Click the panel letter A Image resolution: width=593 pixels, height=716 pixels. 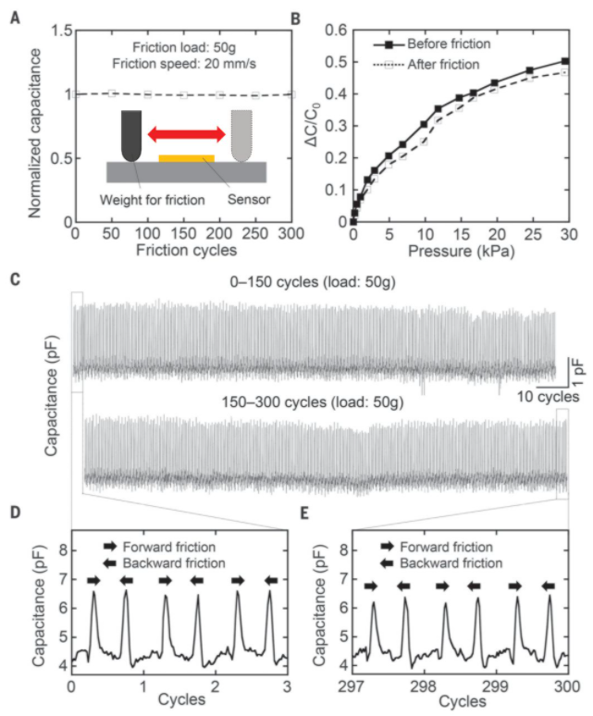coord(14,13)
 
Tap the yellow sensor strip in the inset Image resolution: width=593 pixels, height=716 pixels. coord(186,158)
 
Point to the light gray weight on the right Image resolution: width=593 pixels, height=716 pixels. coord(241,135)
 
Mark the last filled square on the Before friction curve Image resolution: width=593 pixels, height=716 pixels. coord(564,62)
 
